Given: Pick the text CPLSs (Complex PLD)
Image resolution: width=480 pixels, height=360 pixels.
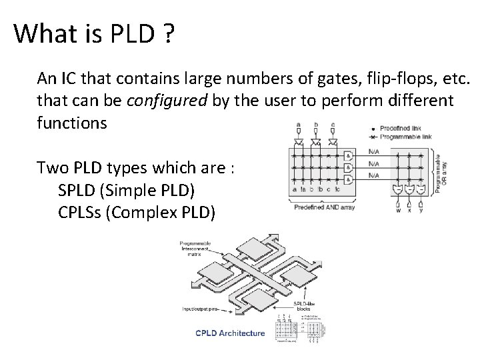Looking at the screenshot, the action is [137, 213].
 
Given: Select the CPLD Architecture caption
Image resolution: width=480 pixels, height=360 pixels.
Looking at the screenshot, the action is [230, 333].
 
